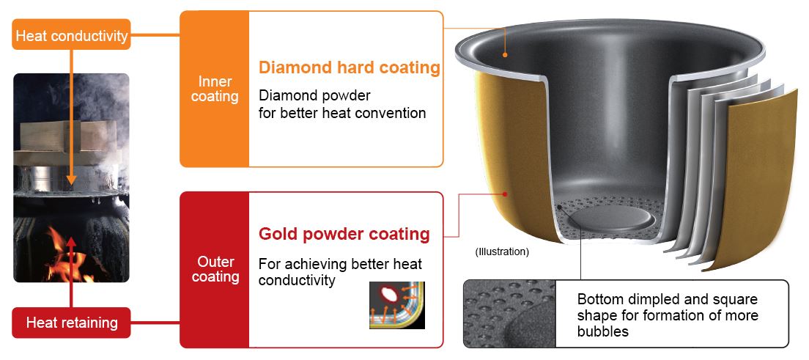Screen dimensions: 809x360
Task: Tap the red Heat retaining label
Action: [x=71, y=323]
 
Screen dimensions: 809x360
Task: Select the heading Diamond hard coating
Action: [x=350, y=67]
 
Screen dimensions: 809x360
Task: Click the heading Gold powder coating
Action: [x=344, y=234]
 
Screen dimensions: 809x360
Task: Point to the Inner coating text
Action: [x=215, y=89]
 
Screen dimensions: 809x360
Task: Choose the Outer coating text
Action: [x=215, y=269]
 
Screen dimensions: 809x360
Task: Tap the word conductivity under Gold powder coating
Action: [x=297, y=280]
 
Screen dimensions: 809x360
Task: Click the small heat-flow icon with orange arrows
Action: [x=397, y=305]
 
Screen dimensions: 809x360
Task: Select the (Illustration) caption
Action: [x=502, y=252]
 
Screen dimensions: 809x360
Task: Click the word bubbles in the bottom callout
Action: [x=603, y=331]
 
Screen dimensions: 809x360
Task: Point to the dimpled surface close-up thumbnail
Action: [x=510, y=314]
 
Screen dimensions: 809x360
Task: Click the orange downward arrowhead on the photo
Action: [x=71, y=180]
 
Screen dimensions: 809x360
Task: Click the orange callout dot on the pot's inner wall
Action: [x=505, y=54]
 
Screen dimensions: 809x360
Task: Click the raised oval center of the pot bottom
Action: [x=611, y=218]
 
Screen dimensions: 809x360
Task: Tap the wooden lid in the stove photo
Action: [x=65, y=136]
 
